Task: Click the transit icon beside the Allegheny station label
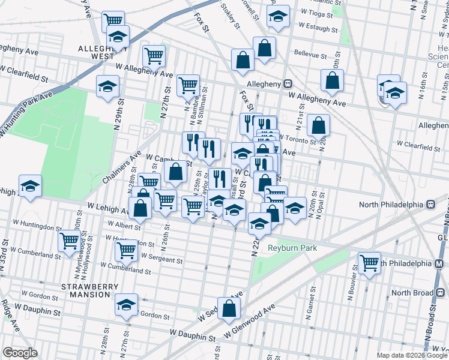pyautogui.click(x=288, y=84)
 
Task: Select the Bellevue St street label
pyautogui.click(x=310, y=54)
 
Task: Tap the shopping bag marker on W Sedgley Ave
pyautogui.click(x=229, y=308)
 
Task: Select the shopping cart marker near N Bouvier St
pyautogui.click(x=369, y=262)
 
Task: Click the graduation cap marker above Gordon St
pyautogui.click(x=127, y=305)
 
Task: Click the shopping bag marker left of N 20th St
pyautogui.click(x=318, y=125)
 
